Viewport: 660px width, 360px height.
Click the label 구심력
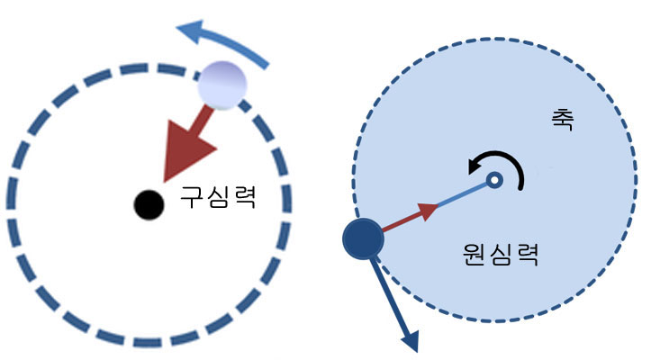pos(218,197)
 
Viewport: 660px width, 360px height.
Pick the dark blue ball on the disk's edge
pos(364,238)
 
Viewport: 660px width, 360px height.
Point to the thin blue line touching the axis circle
pos(464,195)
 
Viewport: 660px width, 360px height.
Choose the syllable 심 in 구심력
pos(218,197)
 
